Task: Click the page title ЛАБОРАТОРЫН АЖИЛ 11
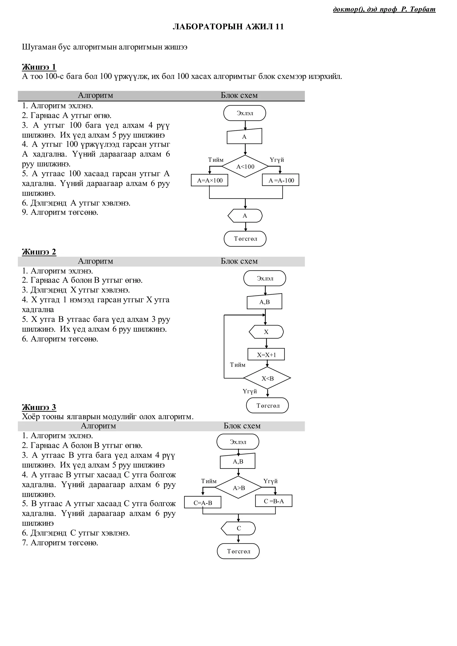tap(228, 27)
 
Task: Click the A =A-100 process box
tap(280, 180)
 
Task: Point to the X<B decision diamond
tap(267, 378)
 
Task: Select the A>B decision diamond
tap(239, 488)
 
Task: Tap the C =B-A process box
tap(274, 501)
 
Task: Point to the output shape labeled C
tap(239, 528)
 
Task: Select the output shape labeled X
tap(266, 332)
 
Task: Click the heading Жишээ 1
tap(39, 67)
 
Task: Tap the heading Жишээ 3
tap(39, 407)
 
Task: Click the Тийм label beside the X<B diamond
tap(237, 365)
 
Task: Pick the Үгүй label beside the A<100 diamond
tap(277, 160)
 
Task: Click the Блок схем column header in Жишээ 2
tap(239, 261)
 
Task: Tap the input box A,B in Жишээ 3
tap(238, 462)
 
